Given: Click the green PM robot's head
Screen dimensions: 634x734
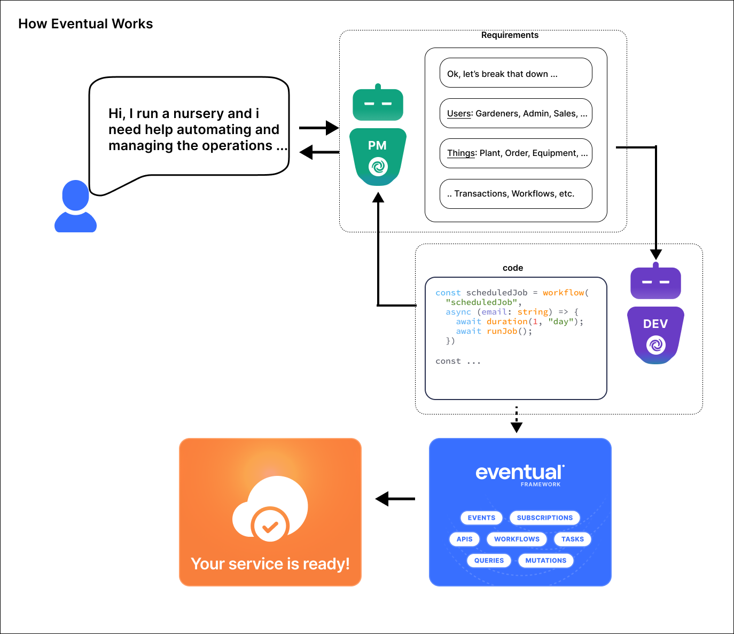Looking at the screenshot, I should coord(378,104).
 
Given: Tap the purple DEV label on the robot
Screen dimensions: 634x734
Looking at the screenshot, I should coord(655,324).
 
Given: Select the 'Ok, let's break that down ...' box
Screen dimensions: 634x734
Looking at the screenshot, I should coord(516,73).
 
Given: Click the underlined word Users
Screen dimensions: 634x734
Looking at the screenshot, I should coord(459,114).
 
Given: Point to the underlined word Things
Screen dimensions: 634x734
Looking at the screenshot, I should coord(461,153).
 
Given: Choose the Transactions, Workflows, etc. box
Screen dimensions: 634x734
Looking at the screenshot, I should coord(516,194).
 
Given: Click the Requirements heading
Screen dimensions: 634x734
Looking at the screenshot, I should coord(510,35).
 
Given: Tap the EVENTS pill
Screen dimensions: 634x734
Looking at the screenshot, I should coord(481,518).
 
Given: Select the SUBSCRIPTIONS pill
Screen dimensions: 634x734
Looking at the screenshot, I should coord(544,518).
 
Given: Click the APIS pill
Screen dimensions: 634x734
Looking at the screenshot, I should coord(464,539).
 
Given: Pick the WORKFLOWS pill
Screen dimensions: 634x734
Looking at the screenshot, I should coord(517,539).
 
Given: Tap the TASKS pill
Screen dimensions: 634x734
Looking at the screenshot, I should coord(572,539).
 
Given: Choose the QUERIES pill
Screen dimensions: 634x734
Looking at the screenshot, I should coord(489,560).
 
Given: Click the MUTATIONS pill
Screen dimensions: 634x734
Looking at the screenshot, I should coord(545,560).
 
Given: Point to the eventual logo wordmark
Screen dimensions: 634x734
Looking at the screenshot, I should coord(519,473).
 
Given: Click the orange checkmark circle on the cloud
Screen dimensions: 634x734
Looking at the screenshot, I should coord(270,526).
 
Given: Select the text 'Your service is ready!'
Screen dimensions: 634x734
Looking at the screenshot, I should coord(270,564).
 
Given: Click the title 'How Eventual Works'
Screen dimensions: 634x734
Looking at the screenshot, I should coord(85,24).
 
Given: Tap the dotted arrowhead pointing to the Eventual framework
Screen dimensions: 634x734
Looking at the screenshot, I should coord(517,427).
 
